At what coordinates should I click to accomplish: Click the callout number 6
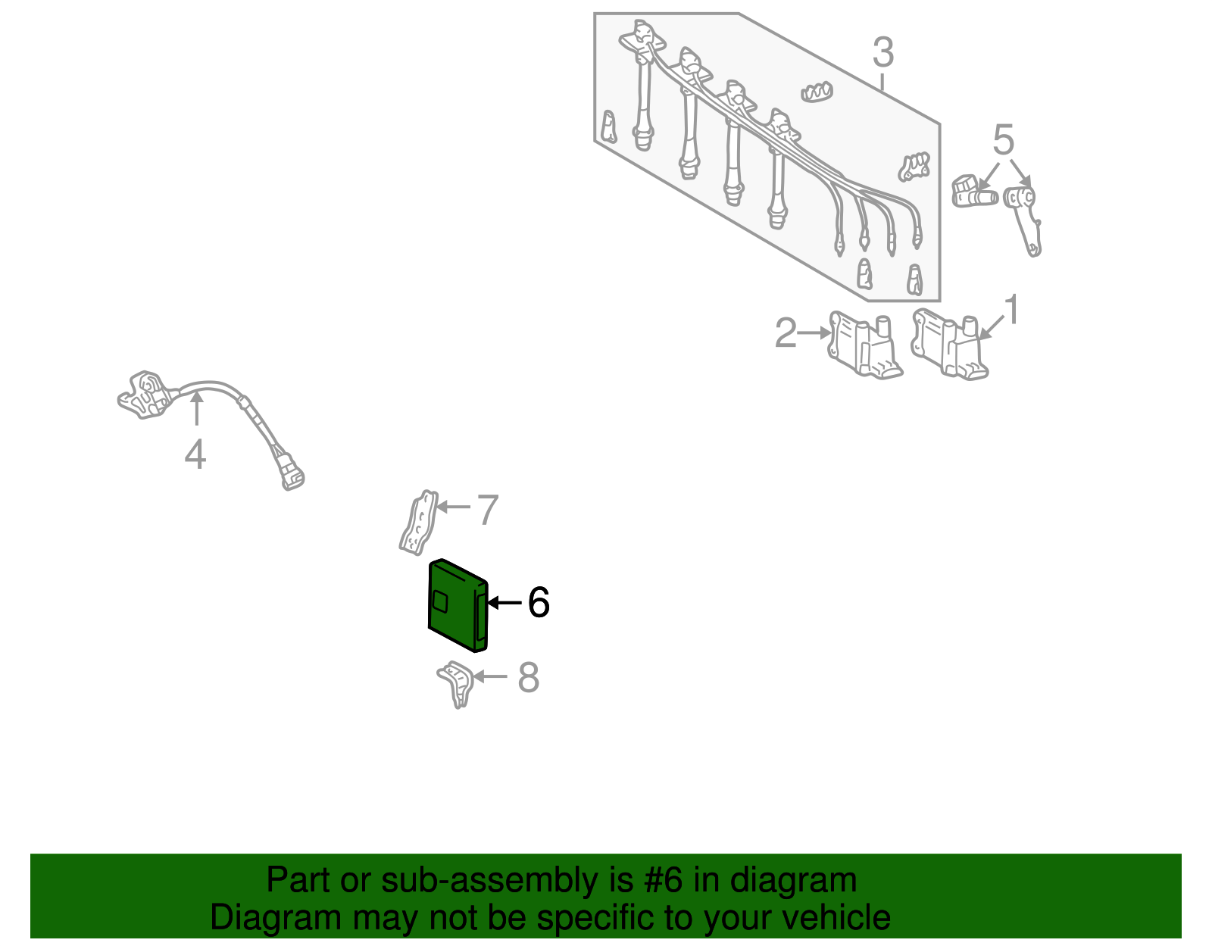click(539, 603)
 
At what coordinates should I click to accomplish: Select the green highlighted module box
click(458, 605)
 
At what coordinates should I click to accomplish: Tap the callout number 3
click(883, 53)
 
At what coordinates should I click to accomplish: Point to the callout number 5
click(1003, 140)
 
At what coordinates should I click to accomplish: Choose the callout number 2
click(786, 333)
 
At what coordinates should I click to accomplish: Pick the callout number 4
click(195, 454)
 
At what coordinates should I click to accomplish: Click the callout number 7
click(488, 510)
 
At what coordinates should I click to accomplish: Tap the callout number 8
click(528, 677)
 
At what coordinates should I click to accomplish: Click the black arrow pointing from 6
click(504, 603)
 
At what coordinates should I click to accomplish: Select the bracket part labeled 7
click(419, 523)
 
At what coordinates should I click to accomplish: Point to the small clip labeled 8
click(456, 684)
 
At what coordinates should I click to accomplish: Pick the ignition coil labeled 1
click(949, 345)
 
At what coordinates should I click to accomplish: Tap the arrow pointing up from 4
click(196, 408)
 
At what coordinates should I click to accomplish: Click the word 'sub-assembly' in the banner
click(507, 879)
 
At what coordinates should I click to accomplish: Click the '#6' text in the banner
click(663, 879)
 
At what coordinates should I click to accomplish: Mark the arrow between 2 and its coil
click(814, 333)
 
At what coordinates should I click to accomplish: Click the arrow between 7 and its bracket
click(454, 507)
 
